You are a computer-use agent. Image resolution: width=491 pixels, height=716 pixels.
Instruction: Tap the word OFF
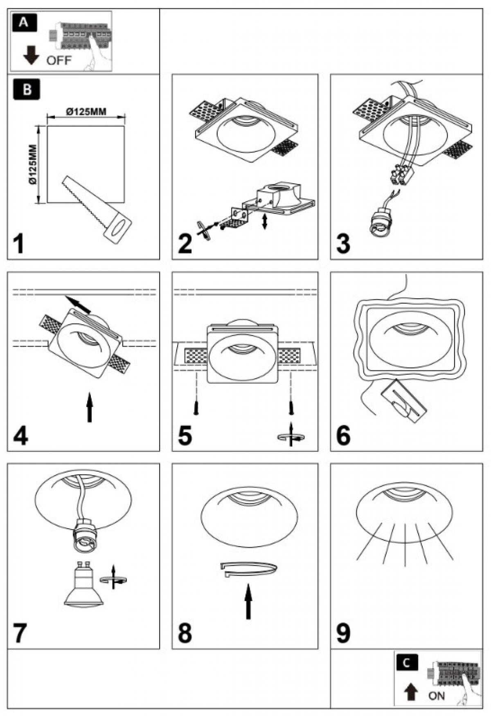[59, 61]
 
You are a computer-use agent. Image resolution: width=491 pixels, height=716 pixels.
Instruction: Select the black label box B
[27, 90]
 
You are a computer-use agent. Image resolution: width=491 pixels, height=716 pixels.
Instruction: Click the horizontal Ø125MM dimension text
[86, 111]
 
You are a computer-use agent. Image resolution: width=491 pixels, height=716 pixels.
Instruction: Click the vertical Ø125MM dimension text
[33, 164]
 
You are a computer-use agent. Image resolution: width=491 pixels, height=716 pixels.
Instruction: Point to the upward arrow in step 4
[90, 407]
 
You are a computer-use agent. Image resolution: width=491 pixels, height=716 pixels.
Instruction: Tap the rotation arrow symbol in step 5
[291, 437]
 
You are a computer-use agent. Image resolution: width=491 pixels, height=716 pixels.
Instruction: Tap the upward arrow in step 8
[248, 602]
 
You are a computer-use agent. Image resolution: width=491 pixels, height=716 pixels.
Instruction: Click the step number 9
[343, 633]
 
